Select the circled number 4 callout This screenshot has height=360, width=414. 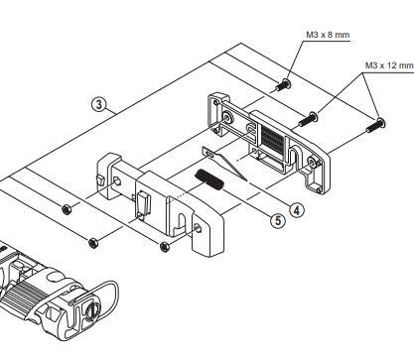[x=297, y=208]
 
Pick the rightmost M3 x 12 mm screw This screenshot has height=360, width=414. [x=378, y=125]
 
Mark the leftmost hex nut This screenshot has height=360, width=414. [x=67, y=208]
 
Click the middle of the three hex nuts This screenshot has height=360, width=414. [x=93, y=240]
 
